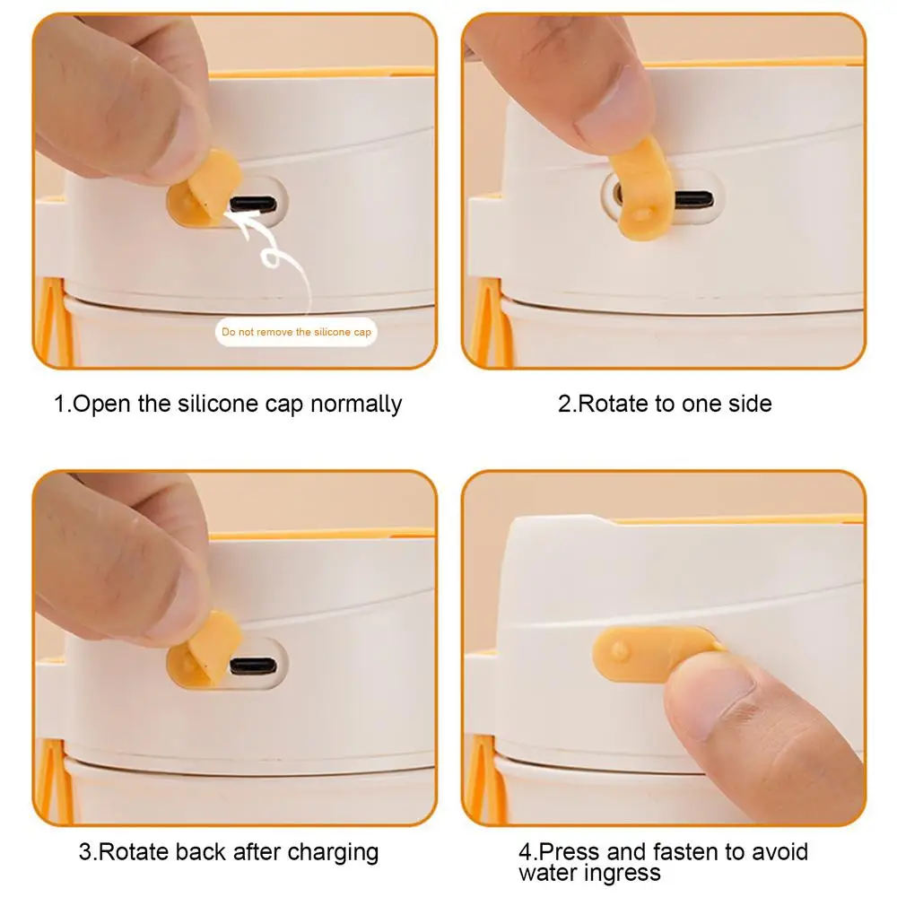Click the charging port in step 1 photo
[x=254, y=204]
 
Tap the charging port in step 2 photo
[x=693, y=199]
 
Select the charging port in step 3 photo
[x=254, y=666]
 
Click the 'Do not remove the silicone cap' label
[x=296, y=332]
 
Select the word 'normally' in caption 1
[x=356, y=405]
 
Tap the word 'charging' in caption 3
[x=333, y=853]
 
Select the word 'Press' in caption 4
[x=570, y=851]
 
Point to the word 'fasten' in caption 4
[x=686, y=851]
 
